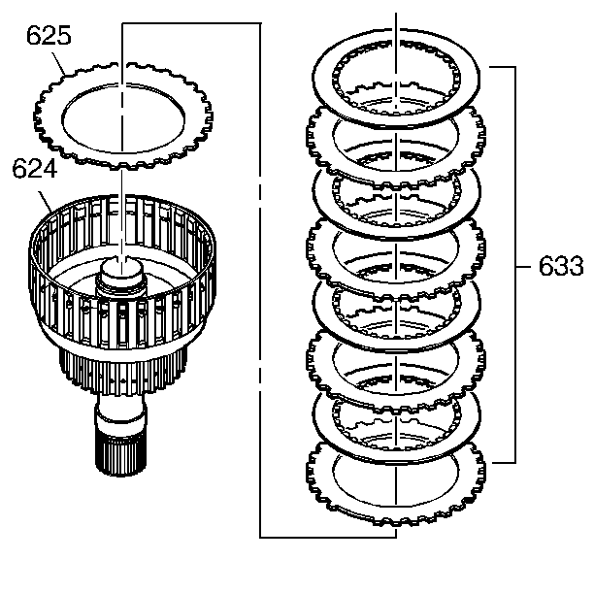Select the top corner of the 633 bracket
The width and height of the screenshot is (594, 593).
(x=512, y=68)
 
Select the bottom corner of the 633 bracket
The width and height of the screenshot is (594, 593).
(x=512, y=463)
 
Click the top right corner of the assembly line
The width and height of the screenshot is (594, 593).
(x=261, y=26)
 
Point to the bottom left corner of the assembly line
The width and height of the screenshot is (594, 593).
(x=261, y=536)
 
